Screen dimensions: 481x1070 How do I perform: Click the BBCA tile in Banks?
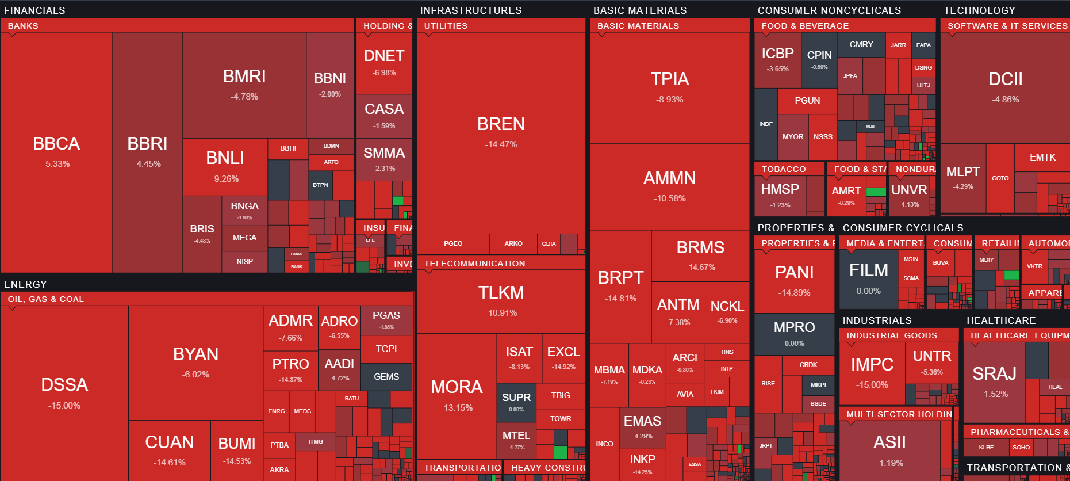(x=56, y=151)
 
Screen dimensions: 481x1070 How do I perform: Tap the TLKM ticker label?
(x=501, y=293)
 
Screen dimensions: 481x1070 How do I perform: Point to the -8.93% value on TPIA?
(x=669, y=100)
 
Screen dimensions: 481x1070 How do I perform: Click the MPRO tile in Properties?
(x=794, y=333)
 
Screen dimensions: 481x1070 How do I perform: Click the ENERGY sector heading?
(x=25, y=284)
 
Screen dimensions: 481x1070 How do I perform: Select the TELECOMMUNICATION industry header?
(x=474, y=264)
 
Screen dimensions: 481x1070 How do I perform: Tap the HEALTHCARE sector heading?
(x=1001, y=320)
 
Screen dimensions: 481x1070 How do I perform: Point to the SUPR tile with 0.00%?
(x=516, y=402)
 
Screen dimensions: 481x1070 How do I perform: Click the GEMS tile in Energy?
(x=386, y=377)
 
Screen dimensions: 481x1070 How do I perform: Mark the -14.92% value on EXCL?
(x=563, y=367)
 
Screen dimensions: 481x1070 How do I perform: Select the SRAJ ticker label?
(x=994, y=374)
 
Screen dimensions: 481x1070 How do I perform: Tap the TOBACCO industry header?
(x=784, y=169)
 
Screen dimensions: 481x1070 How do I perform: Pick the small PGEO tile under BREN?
(x=453, y=243)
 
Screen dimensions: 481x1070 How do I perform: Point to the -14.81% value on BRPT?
(x=620, y=299)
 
